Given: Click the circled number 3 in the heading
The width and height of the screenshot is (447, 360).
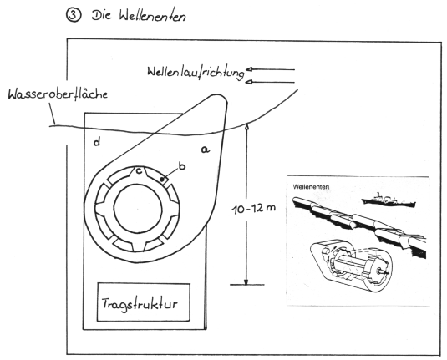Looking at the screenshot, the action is [x=74, y=15].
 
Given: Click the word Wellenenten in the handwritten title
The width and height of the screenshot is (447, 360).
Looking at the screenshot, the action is [x=153, y=16].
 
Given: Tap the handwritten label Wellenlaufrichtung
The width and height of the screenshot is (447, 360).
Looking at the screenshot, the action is [x=196, y=72].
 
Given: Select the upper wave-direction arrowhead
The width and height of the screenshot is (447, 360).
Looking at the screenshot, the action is [x=250, y=69].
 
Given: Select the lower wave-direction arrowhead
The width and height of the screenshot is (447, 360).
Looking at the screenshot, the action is [x=250, y=82].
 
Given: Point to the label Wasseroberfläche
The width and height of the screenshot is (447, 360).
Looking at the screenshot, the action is [x=58, y=94].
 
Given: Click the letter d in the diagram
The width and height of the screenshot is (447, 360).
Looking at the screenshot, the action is [x=97, y=142].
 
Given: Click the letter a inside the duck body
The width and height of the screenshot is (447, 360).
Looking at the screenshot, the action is [x=206, y=149].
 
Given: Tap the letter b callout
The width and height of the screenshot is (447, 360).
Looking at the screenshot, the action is [x=182, y=165].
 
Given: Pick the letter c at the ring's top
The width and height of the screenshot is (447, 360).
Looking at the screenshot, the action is [x=139, y=171].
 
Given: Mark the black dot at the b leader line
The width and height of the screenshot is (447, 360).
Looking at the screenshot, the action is [x=162, y=180].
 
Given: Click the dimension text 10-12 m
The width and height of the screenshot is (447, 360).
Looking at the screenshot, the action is [x=253, y=209].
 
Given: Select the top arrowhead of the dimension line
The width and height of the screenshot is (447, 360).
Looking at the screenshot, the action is [x=246, y=125].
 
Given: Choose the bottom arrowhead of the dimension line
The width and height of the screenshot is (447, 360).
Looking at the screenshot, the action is [x=246, y=281].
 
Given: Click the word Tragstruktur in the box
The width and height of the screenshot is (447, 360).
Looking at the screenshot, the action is [x=140, y=304].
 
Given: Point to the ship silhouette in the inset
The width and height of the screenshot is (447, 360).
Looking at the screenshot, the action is [x=389, y=200].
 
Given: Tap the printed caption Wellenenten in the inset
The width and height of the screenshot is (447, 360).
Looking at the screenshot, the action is [x=311, y=187].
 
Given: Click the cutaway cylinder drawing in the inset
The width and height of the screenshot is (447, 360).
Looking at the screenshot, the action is [x=351, y=265].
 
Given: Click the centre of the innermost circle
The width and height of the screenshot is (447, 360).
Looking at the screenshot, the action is [x=138, y=209].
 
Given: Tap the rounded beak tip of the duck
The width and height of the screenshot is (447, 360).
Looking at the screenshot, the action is [x=221, y=99].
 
